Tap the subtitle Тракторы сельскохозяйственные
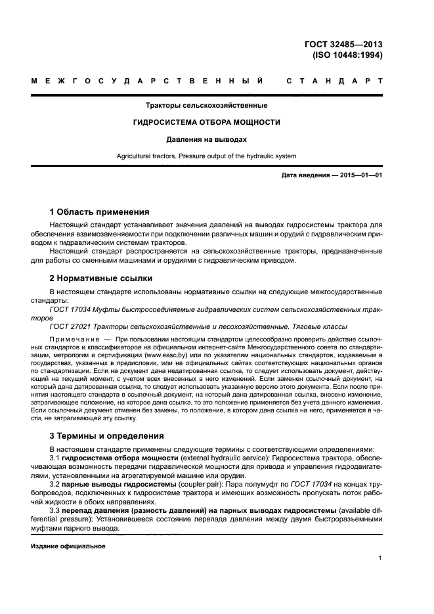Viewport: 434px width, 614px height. pyautogui.click(x=206, y=105)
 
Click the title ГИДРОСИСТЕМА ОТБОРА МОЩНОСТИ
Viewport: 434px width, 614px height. pyautogui.click(x=206, y=122)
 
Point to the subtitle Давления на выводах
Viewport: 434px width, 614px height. pyautogui.click(x=206, y=139)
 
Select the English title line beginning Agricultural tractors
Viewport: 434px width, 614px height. pyautogui.click(x=206, y=156)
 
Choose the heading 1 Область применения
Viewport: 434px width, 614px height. pyautogui.click(x=100, y=212)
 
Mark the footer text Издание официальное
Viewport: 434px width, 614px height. pyautogui.click(x=68, y=546)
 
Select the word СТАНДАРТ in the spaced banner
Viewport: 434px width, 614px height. pyautogui.click(x=335, y=81)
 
